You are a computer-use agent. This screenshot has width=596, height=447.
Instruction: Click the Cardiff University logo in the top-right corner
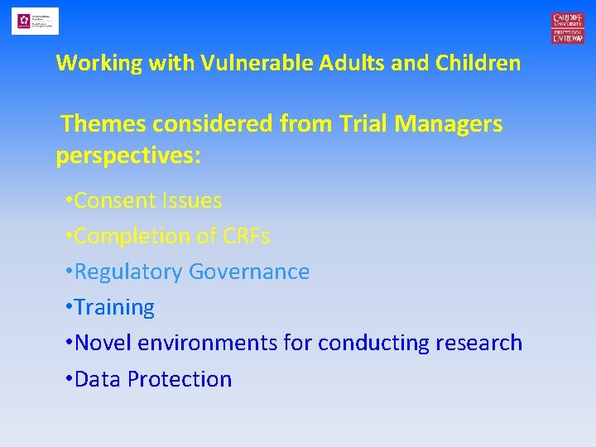568,27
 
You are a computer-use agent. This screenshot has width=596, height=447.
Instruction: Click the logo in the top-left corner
35,21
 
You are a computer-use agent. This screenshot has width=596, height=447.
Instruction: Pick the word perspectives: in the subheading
128,156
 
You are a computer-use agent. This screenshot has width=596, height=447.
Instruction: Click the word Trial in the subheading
363,124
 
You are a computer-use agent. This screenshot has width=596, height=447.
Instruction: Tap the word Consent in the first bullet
114,200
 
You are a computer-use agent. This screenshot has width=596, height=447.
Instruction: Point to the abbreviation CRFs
246,236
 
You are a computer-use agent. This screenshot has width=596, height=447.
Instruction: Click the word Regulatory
128,272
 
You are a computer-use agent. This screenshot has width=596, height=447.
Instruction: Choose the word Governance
249,272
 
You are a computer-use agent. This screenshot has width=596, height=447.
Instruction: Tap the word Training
114,308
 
